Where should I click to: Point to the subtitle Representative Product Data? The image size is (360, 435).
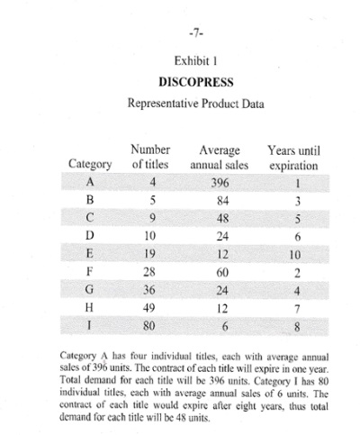190,101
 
